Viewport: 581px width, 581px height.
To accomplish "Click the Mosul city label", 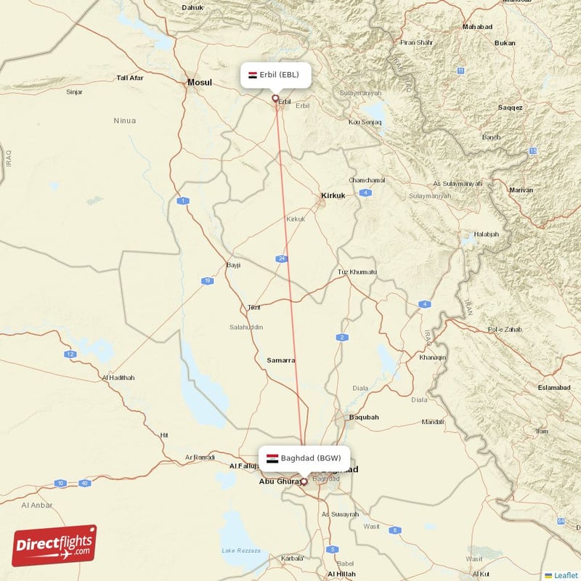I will point(200,83).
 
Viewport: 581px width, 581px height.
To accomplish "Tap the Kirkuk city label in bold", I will point(333,195).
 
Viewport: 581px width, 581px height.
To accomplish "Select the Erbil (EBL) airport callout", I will point(276,75).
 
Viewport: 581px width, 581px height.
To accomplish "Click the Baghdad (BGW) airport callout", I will point(305,458).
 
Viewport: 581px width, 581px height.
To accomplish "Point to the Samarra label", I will point(280,360).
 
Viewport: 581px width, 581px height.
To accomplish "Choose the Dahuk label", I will point(192,8).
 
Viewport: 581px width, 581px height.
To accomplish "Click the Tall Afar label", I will point(131,78).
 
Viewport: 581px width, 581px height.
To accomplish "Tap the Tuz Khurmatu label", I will point(357,272).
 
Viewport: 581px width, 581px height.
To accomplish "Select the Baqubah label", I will point(364,417).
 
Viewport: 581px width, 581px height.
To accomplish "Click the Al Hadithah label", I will point(118,378).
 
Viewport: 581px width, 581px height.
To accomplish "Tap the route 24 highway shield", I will point(281,259).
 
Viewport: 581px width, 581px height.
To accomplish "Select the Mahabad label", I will point(477,27).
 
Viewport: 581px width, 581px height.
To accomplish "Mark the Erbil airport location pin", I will point(275,99).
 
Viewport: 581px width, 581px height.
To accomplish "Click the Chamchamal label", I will point(367,180).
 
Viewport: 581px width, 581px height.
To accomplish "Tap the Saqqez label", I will point(510,107).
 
